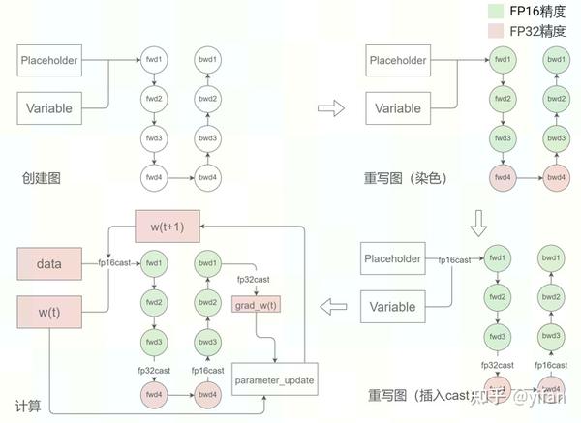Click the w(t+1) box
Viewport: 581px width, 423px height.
(168, 226)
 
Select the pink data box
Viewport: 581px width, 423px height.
(49, 263)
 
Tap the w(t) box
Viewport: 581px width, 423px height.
(49, 314)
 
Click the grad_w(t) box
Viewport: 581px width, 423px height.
(256, 306)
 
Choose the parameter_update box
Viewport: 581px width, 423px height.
(274, 380)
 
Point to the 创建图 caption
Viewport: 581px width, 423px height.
(42, 178)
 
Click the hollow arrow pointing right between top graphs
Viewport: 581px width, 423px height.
(332, 107)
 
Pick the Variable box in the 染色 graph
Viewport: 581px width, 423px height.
(398, 108)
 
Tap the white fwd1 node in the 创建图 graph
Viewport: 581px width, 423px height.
(154, 59)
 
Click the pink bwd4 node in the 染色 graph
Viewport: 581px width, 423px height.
(555, 177)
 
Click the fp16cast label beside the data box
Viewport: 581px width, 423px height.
(114, 263)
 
